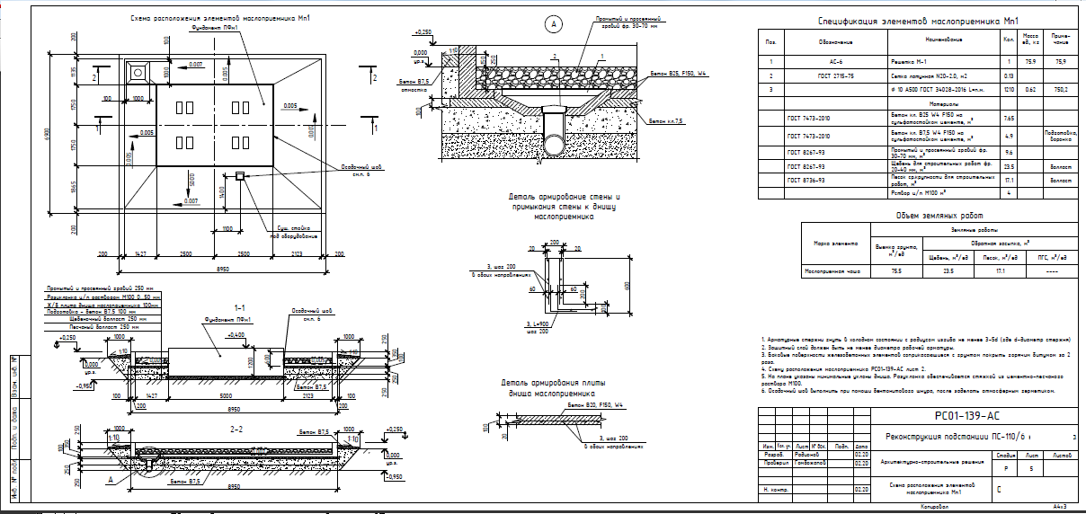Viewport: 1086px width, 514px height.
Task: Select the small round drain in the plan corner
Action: [138, 70]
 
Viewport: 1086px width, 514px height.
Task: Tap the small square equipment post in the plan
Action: [240, 176]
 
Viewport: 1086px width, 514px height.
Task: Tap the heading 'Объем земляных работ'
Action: [939, 216]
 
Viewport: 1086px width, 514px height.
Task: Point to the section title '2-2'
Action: [236, 430]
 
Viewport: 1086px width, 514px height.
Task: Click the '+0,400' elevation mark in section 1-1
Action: [236, 334]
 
